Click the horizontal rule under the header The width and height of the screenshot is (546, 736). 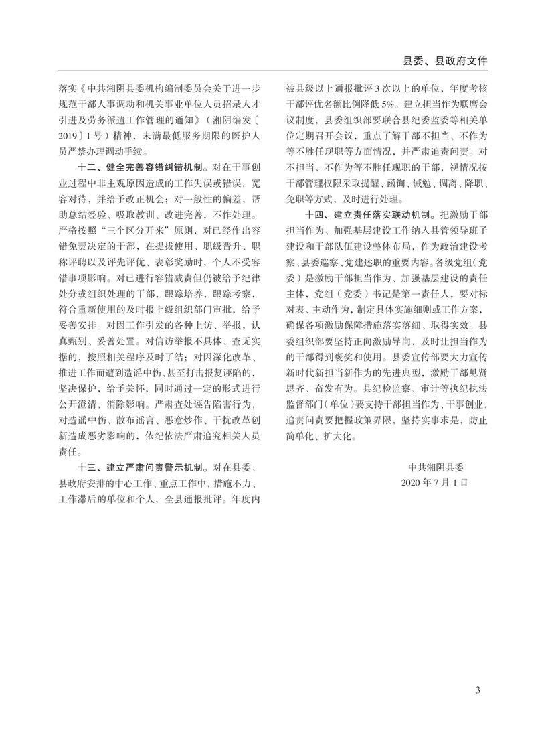[273, 70]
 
